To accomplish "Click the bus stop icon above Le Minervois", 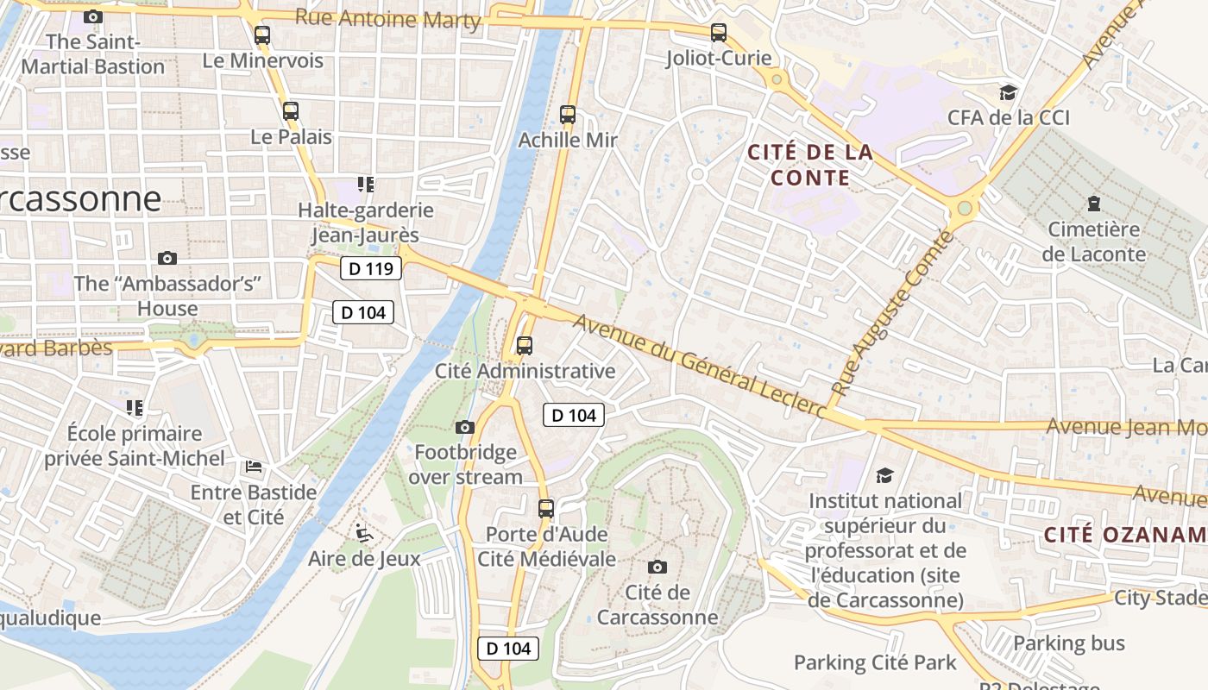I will [262, 35].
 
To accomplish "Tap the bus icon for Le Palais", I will [291, 111].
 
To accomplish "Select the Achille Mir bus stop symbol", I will [568, 115].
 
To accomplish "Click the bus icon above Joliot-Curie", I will [719, 33].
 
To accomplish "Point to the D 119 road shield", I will [371, 269].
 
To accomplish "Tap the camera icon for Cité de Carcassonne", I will [657, 567].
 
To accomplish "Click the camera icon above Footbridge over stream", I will [465, 427].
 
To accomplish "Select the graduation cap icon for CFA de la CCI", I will [1008, 92].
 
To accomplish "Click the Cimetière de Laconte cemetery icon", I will [1094, 204].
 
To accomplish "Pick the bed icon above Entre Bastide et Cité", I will [254, 467].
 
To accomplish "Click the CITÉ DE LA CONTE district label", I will [810, 166].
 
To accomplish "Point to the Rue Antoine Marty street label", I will [387, 18].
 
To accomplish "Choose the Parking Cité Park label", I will [875, 662].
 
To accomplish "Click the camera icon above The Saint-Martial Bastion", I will [93, 16].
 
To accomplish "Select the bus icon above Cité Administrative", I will [525, 346].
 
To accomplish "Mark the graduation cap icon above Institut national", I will [885, 475].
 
